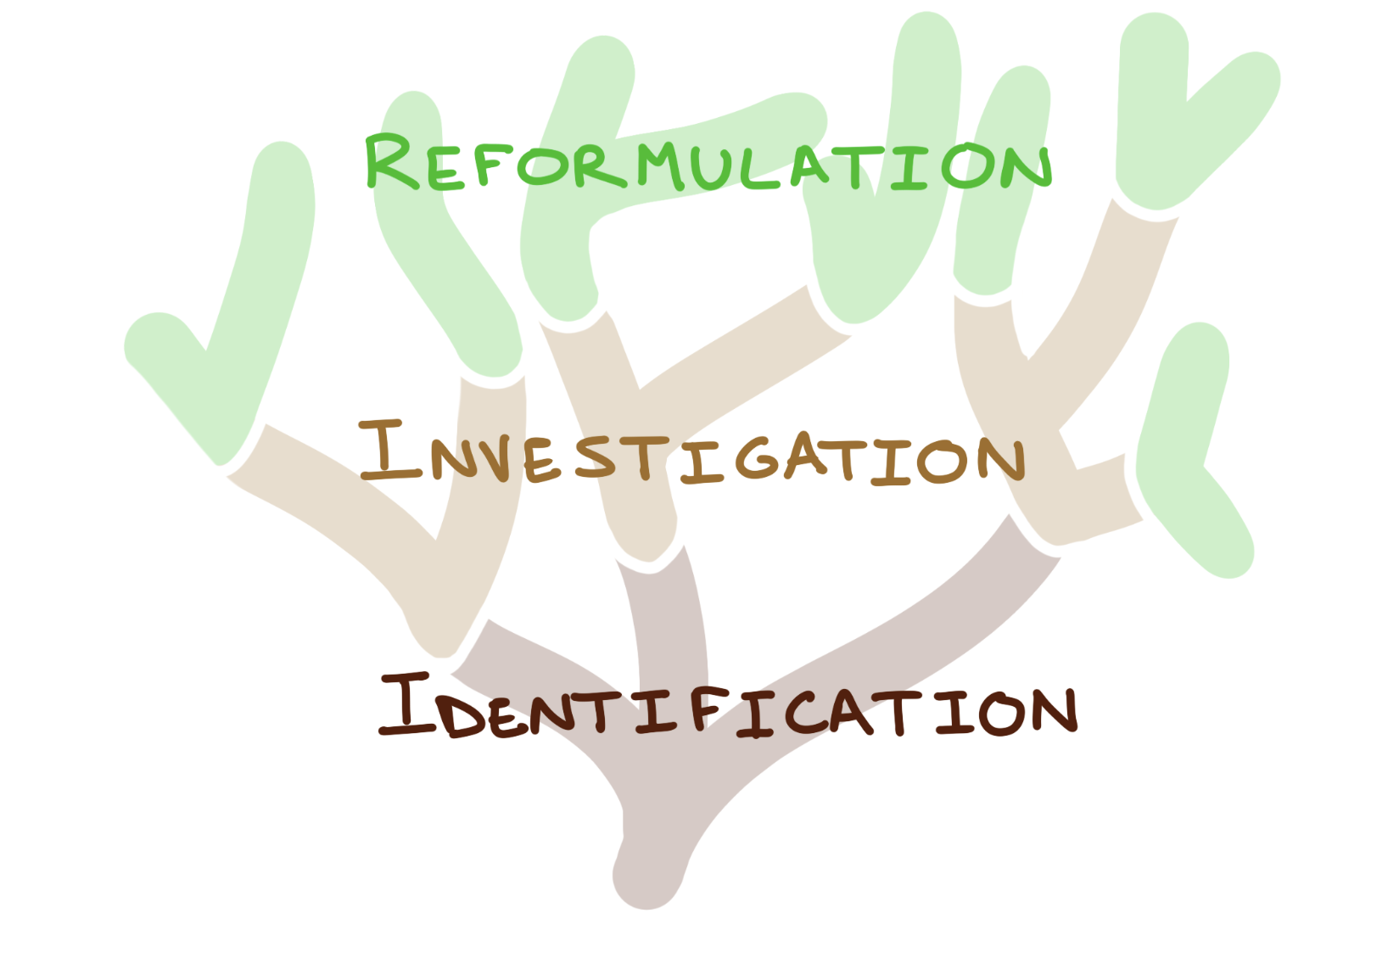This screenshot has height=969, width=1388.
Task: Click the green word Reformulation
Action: [708, 163]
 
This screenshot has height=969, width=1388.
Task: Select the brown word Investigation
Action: [691, 456]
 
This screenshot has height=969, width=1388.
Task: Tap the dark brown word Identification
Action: [728, 707]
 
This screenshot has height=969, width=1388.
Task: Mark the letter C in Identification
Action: [801, 714]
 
